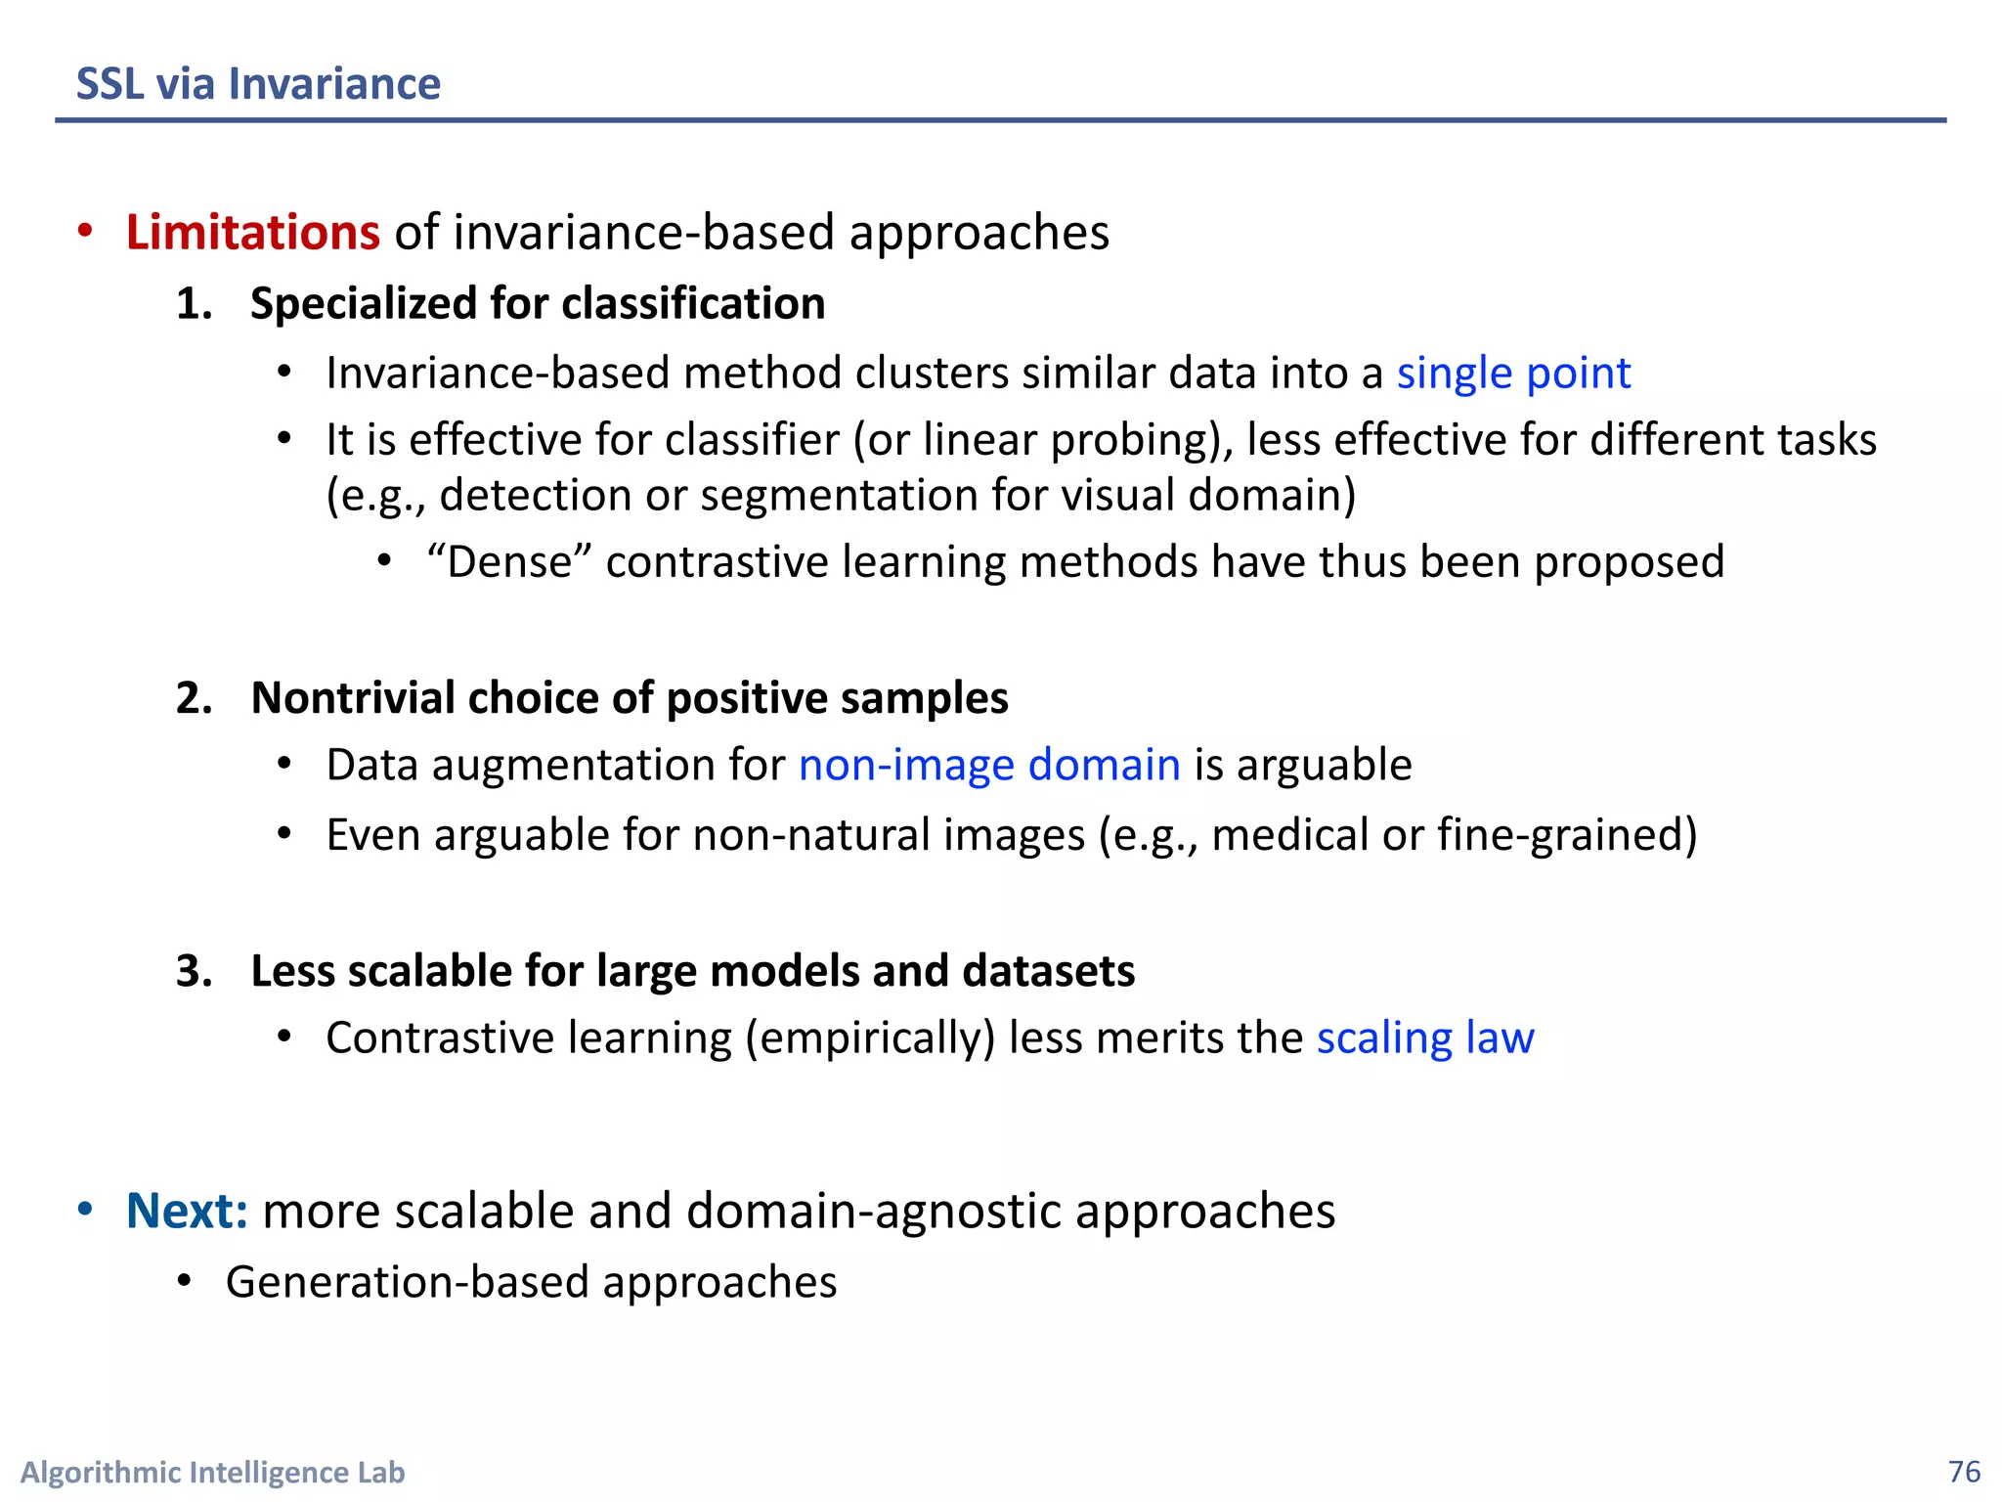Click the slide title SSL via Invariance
coord(258,84)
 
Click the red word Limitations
coord(252,233)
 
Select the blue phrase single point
coord(1513,374)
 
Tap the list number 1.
coord(194,304)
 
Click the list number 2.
coord(194,698)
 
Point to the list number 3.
coord(194,971)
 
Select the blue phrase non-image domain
coord(989,765)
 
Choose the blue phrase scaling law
coord(1425,1038)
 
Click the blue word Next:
coord(187,1212)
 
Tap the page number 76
coord(1964,1472)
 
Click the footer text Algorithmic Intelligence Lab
coord(212,1473)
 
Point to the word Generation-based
coord(407,1282)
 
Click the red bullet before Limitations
coord(86,232)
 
